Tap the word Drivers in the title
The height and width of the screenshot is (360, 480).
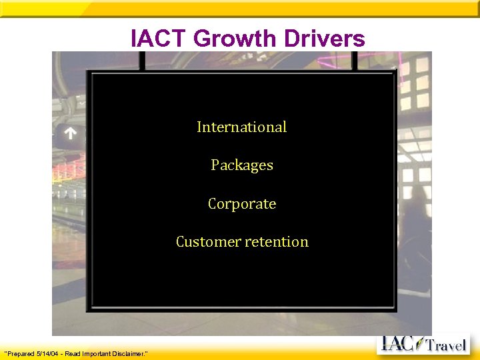click(325, 39)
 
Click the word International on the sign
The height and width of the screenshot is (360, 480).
click(241, 127)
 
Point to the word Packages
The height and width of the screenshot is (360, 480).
click(241, 165)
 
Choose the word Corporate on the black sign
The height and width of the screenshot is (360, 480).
click(241, 203)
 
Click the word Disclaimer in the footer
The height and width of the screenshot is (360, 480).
click(130, 353)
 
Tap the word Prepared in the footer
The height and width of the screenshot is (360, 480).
click(21, 353)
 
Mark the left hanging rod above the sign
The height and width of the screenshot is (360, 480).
click(142, 60)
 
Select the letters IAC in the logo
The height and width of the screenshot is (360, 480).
click(399, 344)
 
